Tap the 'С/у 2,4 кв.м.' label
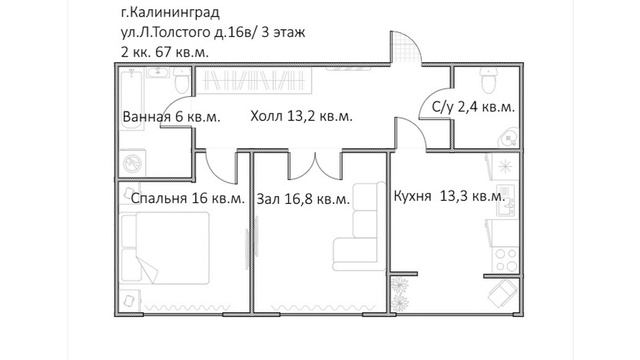pyautogui.click(x=473, y=107)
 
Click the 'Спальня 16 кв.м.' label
pyautogui.click(x=187, y=198)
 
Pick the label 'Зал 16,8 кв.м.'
pyautogui.click(x=303, y=198)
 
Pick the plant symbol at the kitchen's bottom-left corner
pyautogui.click(x=400, y=292)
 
